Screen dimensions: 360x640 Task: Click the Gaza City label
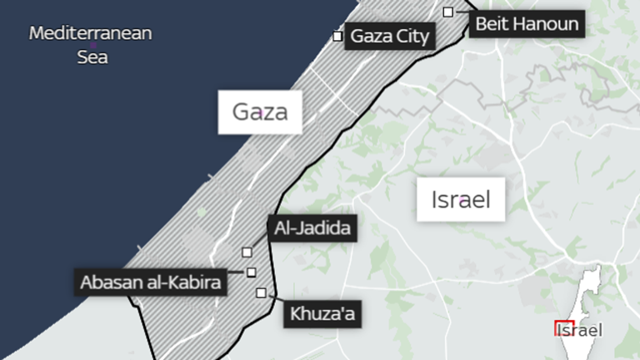coord(390,37)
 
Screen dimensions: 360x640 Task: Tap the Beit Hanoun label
coord(526,23)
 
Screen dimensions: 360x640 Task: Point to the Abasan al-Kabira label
coord(152,282)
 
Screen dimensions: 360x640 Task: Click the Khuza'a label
coord(323,314)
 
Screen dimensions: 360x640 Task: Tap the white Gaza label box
coord(259,112)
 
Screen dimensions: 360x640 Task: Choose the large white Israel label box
coord(460,199)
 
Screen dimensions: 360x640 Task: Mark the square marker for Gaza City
coord(337,36)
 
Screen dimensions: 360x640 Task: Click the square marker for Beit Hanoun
coord(448,12)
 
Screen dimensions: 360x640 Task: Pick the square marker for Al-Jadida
coord(247,252)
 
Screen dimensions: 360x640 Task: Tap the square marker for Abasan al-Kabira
coord(251,272)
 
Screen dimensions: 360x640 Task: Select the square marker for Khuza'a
coord(262,292)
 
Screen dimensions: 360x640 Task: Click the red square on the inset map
coord(564,327)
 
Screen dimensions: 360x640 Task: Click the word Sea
coord(92,58)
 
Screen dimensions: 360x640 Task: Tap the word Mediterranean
coord(92,34)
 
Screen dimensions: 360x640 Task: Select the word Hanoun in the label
coord(549,23)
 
